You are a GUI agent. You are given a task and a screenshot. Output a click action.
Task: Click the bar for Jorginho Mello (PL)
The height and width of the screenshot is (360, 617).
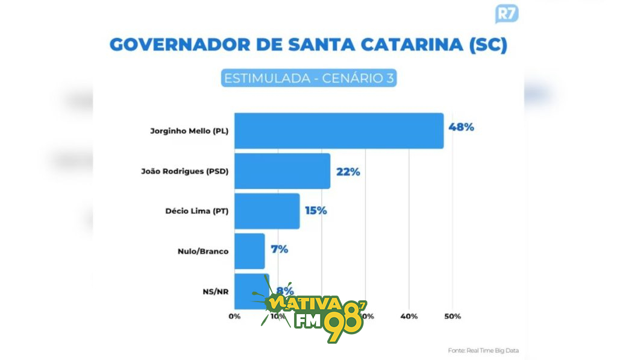[339, 131]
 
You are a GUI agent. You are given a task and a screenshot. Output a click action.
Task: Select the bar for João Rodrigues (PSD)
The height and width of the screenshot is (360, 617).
[282, 171]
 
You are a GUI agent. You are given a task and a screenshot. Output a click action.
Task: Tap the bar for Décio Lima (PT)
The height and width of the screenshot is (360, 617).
[267, 211]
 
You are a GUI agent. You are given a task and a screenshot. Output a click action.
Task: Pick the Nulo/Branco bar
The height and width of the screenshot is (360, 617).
[249, 251]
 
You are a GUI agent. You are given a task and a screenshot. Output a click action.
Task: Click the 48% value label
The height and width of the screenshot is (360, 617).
[462, 127]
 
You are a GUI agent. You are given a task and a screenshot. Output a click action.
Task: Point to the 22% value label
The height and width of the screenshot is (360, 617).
[348, 171]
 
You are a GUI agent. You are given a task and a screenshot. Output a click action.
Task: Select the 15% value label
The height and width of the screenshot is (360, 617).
[315, 210]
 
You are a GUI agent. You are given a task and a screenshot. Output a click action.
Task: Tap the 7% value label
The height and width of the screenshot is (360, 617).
[280, 249]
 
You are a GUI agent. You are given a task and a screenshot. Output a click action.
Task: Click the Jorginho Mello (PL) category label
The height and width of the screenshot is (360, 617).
[189, 131]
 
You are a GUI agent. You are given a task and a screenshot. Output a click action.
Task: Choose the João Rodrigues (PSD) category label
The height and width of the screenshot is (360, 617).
[184, 171]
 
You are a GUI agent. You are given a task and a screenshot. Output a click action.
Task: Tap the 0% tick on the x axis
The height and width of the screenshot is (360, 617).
[234, 316]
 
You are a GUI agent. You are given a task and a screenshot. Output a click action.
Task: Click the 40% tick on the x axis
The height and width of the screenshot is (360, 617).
[409, 316]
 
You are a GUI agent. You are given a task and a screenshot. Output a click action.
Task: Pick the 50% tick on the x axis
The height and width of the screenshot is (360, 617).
[453, 316]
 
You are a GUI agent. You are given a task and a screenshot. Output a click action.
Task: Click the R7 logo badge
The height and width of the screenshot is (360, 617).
[506, 14]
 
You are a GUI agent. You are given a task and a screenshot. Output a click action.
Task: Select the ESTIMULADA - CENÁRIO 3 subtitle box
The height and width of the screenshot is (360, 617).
[308, 78]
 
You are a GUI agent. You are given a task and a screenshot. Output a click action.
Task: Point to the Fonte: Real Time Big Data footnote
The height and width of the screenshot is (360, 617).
[483, 350]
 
